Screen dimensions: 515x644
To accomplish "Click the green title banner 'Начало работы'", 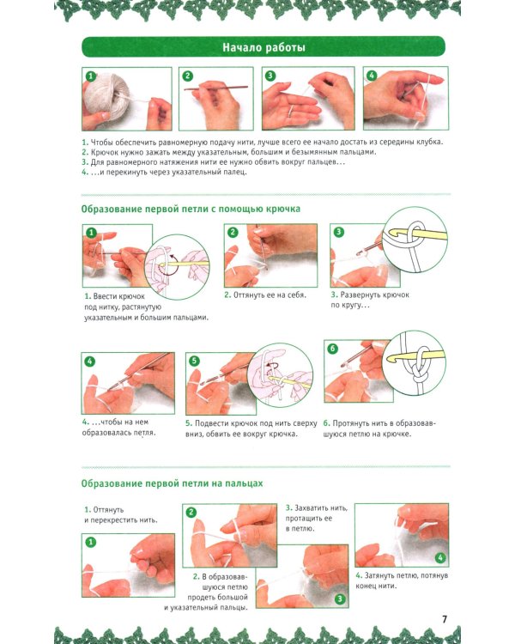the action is tap(264, 47).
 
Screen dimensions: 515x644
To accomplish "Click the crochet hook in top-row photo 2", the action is tap(216, 88).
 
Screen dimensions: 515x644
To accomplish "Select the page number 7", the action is tap(445, 619).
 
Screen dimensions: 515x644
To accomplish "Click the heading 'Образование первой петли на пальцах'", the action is tap(172, 483).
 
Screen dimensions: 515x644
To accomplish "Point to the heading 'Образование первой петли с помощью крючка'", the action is tap(191, 209).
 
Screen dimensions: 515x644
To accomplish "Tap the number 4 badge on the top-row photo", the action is tap(372, 76).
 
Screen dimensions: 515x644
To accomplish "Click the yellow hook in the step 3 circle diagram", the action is tap(415, 235).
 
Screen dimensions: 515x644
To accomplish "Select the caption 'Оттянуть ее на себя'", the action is tap(265, 295).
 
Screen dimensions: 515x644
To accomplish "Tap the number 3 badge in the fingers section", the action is tap(340, 598).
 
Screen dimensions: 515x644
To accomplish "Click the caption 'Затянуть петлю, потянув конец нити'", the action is tap(402, 580).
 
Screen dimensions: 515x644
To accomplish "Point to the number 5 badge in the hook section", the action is tap(194, 361).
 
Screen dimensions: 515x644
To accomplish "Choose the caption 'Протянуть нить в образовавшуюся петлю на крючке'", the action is tap(379, 428).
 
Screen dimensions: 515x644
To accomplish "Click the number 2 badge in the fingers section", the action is tap(191, 512).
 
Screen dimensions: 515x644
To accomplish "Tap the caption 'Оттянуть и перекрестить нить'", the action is tap(121, 514).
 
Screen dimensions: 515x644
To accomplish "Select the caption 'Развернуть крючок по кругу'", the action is tap(370, 300).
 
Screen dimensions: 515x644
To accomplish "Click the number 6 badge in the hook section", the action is tap(332, 349).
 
